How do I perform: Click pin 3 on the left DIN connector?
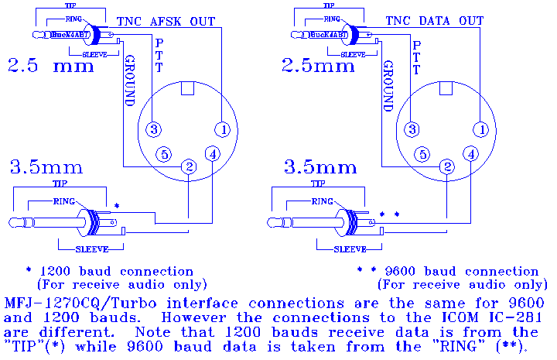[155, 129]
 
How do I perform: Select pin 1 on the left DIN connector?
[223, 129]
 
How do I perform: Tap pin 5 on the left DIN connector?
[163, 153]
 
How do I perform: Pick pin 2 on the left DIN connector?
[188, 166]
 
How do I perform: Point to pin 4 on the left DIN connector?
[213, 153]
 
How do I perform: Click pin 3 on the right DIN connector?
[413, 129]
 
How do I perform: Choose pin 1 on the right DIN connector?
[481, 129]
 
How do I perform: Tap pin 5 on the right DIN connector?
[422, 153]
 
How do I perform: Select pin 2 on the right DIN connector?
[446, 166]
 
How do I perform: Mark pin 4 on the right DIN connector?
[471, 153]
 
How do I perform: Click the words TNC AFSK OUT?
[165, 22]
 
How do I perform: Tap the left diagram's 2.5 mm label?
[51, 67]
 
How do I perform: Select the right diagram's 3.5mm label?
[320, 166]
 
